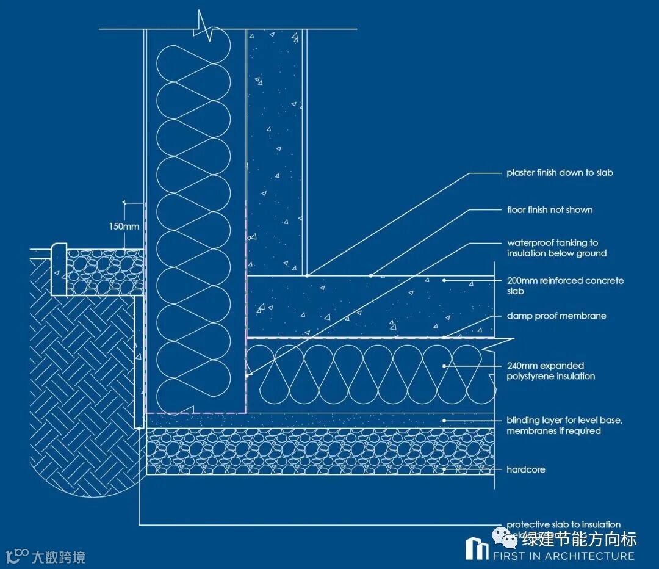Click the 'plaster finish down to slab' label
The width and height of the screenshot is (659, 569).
[560, 173]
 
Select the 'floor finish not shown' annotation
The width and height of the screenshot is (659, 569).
[550, 210]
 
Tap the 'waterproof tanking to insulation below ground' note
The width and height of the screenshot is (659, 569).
[556, 248]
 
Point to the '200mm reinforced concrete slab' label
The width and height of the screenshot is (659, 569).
[565, 286]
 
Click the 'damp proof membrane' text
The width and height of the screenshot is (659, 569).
[556, 316]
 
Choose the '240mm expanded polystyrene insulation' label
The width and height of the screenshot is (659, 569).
[550, 371]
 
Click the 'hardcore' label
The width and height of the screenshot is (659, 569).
[525, 469]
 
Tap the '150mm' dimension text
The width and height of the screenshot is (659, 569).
[125, 227]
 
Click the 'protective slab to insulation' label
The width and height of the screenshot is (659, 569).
[563, 524]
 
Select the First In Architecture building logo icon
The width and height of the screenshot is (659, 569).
[477, 548]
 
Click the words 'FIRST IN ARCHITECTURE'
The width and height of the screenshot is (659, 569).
[563, 556]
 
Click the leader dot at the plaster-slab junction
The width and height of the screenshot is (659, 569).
[307, 275]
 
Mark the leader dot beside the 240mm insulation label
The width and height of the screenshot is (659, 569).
[445, 366]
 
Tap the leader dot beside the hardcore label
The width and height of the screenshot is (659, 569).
[445, 469]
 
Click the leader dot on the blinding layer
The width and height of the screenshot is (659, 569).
[445, 420]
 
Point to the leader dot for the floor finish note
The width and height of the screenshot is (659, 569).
[370, 275]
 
